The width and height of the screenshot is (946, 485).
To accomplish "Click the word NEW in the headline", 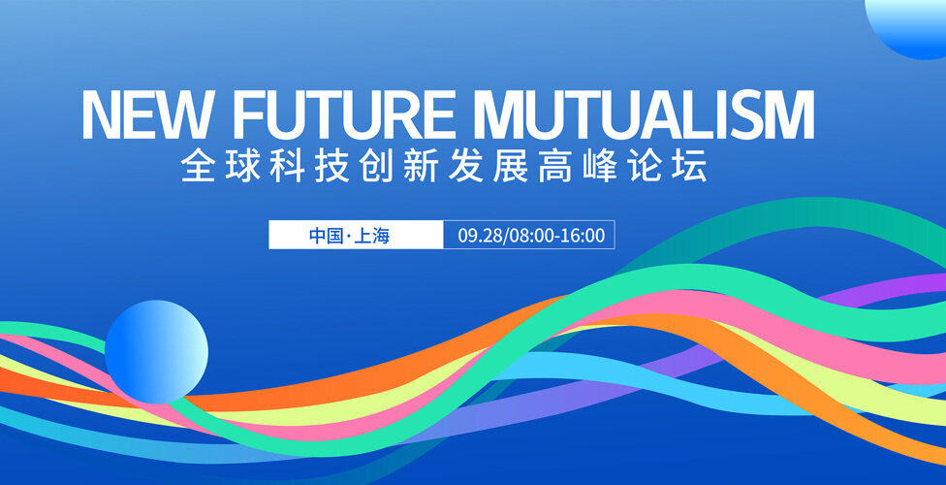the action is [x=150, y=114].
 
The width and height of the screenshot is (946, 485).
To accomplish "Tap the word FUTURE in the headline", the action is [x=344, y=114].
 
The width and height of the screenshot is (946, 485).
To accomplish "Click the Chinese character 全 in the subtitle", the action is [x=198, y=165].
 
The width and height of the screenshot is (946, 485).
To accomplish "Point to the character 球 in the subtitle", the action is [x=242, y=165].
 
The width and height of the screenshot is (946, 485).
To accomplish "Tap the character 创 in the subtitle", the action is [x=376, y=165].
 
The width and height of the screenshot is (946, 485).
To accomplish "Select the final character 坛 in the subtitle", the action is [x=689, y=165].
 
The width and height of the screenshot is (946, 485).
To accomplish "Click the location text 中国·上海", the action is [x=349, y=235].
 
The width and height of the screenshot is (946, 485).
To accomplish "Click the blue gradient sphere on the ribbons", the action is [x=156, y=351].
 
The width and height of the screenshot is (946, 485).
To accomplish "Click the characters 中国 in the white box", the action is [x=327, y=235].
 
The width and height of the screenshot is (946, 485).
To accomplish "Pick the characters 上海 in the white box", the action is [x=371, y=235].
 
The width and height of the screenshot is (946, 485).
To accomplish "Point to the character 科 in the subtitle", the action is [x=287, y=165].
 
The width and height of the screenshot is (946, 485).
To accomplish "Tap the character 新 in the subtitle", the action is [x=421, y=165].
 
